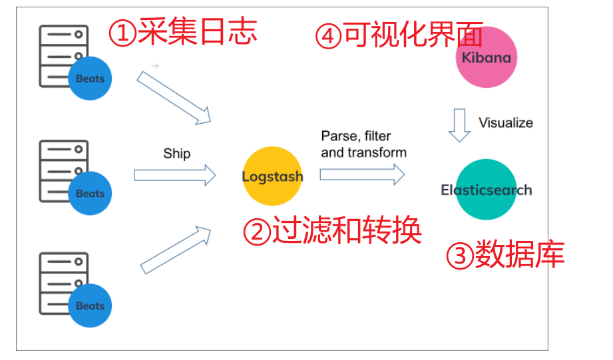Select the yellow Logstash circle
272,176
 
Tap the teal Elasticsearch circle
487,190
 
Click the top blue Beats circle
90,79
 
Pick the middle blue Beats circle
90,193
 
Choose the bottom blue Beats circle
90,305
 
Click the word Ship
176,154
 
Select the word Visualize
506,122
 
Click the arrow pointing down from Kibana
459,125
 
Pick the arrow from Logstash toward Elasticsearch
362,174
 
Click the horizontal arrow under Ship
175,175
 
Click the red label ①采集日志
182,32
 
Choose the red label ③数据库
505,256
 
